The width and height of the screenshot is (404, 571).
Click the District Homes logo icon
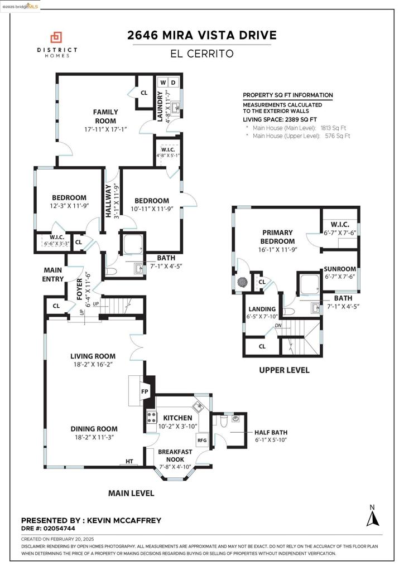pyautogui.click(x=56, y=38)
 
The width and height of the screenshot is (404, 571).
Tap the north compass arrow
pyautogui.click(x=373, y=519)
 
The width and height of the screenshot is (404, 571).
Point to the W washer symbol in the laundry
pyautogui.click(x=163, y=83)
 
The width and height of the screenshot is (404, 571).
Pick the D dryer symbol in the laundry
pyautogui.click(x=174, y=83)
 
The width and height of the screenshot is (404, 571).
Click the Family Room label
pyautogui.click(x=105, y=117)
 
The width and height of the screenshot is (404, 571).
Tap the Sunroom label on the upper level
pyautogui.click(x=340, y=269)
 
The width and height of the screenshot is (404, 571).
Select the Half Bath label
pyautogui.click(x=270, y=432)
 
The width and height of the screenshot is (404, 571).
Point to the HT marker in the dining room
pyautogui.click(x=129, y=462)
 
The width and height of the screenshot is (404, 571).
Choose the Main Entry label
pyautogui.click(x=53, y=274)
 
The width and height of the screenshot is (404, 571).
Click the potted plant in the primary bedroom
pyautogui.click(x=242, y=283)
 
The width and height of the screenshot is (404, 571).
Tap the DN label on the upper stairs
pyautogui.click(x=277, y=325)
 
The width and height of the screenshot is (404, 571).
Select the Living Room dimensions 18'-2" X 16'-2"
pyautogui.click(x=93, y=365)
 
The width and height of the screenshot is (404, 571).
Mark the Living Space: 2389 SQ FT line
pyautogui.click(x=280, y=119)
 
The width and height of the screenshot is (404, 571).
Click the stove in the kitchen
pyautogui.click(x=151, y=417)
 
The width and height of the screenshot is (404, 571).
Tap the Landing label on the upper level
pyautogui.click(x=262, y=309)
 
